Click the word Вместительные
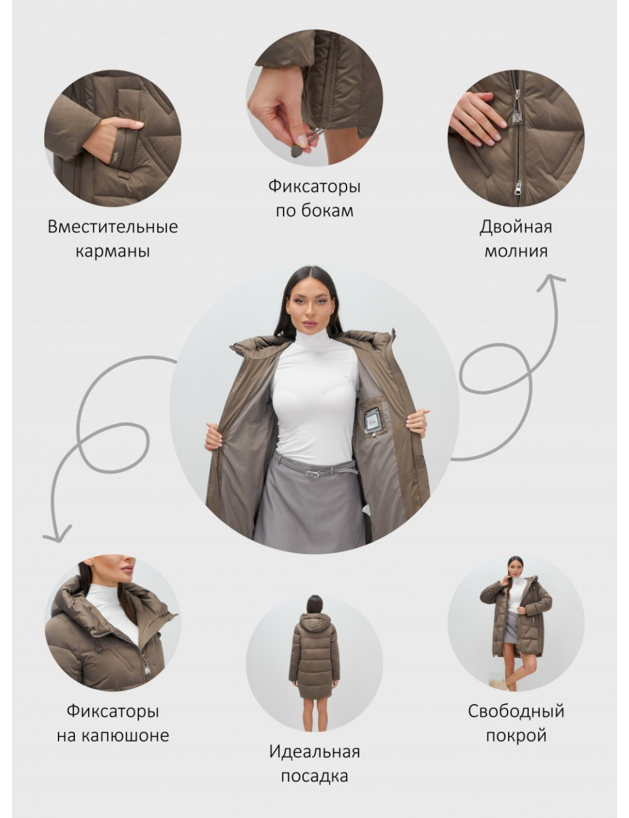[113, 227]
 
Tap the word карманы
[113, 252]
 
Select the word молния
[516, 251]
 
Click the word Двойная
[516, 227]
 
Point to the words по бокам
[314, 211]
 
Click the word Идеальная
[314, 752]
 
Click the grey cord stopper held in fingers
[294, 151]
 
